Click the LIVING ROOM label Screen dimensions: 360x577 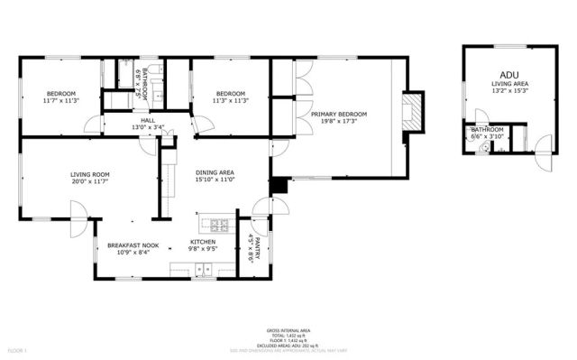tap(89, 175)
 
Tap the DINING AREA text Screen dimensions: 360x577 tap(215, 171)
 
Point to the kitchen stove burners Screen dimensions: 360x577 tap(215, 224)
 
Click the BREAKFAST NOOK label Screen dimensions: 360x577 tap(133, 245)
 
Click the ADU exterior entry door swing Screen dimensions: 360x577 tap(541, 143)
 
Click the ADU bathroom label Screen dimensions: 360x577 tap(487, 130)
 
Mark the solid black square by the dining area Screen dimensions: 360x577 tap(279, 186)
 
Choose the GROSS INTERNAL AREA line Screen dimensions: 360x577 tap(288, 331)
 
